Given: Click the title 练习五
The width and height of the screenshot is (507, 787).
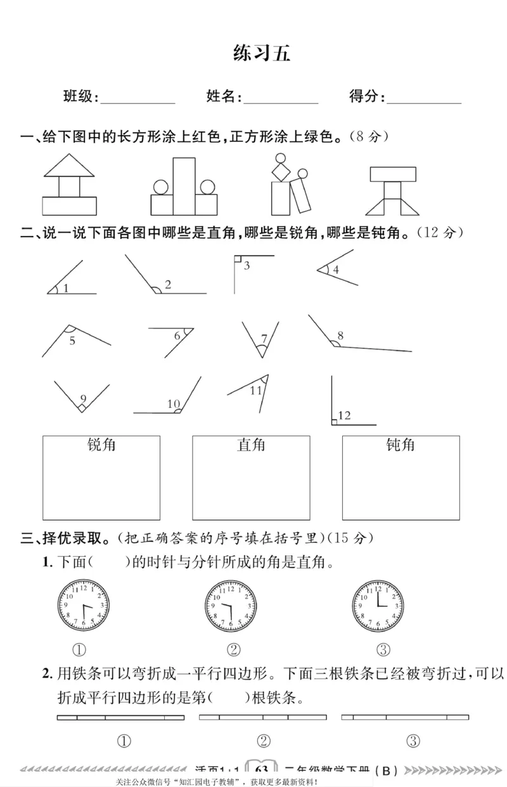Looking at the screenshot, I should point(261,53).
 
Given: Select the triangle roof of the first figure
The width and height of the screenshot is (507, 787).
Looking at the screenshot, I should point(69,167).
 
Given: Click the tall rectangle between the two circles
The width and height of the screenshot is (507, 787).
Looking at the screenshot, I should point(184,186).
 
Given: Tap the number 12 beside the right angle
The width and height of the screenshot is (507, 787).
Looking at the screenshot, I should point(345,415).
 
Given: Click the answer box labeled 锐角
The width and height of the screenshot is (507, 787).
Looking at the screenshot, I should point(101,478).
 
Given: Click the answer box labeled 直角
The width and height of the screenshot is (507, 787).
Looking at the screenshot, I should point(251,478).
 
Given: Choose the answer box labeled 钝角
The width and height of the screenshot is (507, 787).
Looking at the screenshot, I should point(401,478).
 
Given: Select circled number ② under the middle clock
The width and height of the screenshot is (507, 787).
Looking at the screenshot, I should point(233,649).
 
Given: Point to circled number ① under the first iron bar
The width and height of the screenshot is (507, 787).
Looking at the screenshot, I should point(124,741).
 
